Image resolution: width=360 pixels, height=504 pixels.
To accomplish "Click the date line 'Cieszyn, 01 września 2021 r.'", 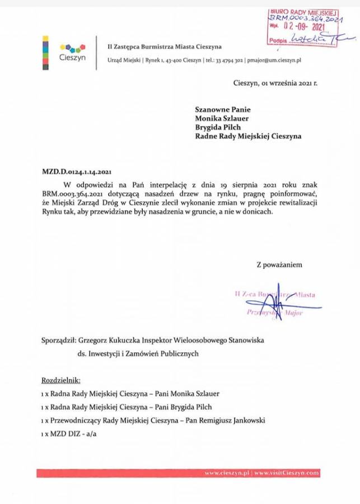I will coord(275,82).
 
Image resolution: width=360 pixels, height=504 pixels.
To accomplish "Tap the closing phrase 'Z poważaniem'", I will coord(279,264).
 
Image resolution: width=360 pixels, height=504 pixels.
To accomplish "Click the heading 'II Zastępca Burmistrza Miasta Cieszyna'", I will coord(165,46).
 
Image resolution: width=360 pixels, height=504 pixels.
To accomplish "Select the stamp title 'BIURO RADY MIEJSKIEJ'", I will coord(305,11).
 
